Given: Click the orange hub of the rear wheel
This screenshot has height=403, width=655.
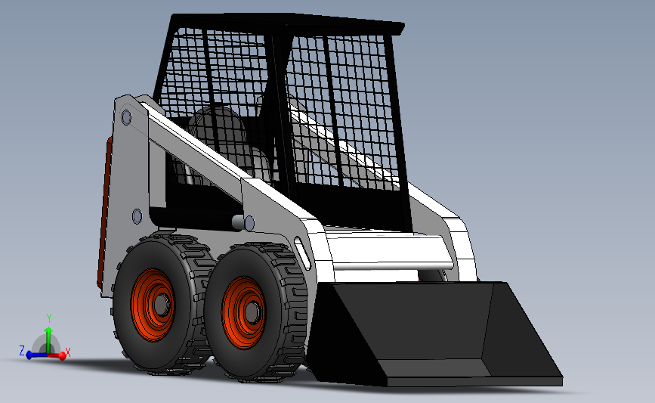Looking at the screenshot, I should [154, 303].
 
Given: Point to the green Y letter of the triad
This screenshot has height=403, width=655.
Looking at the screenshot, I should [48, 318].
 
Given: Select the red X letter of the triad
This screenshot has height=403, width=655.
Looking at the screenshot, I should [68, 352].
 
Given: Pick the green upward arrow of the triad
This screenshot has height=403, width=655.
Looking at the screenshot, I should [48, 334].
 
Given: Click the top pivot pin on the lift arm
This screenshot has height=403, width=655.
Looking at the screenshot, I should [125, 117].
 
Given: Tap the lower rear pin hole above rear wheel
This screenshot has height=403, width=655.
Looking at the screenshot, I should [137, 217].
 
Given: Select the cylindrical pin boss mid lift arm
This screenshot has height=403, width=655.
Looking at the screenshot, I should [242, 222].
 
